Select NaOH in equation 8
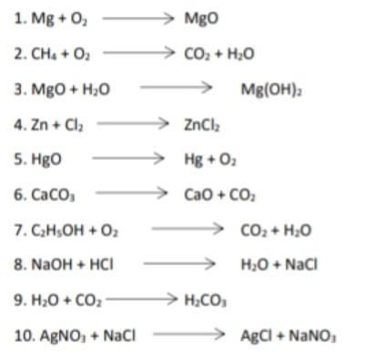45,264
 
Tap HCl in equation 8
97,264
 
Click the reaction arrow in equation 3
178,88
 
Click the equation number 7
19,229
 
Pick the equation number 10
23,334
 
